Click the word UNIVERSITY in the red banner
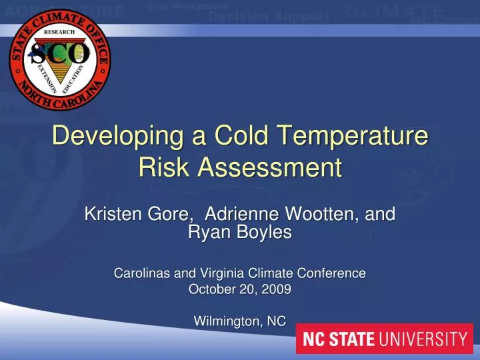424,339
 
